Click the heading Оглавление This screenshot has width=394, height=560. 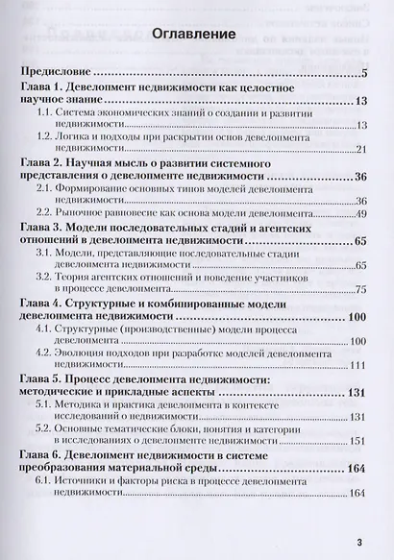point(195,34)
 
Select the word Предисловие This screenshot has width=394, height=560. point(56,71)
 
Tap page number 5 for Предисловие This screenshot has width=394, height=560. point(365,72)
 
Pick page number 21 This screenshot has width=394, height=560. point(362,150)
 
